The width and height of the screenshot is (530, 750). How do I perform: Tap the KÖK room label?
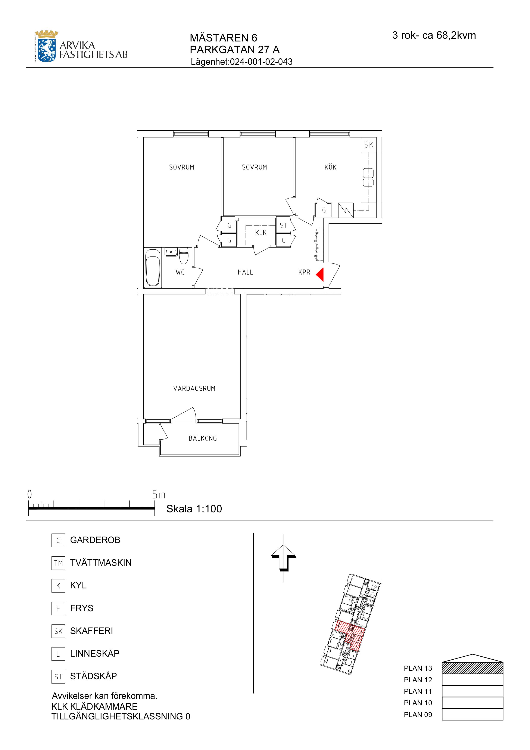click(x=330, y=167)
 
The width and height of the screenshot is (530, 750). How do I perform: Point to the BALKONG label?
click(x=203, y=438)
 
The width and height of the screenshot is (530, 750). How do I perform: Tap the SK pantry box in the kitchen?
click(x=369, y=145)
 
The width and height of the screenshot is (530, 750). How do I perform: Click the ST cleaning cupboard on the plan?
click(x=283, y=225)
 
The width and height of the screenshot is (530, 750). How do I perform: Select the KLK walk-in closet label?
click(x=261, y=233)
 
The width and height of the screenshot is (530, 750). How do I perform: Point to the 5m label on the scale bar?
click(x=159, y=495)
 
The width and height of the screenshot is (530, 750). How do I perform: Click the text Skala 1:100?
click(x=194, y=509)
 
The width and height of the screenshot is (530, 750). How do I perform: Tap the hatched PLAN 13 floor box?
click(x=472, y=668)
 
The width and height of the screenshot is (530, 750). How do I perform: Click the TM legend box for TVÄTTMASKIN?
click(x=58, y=563)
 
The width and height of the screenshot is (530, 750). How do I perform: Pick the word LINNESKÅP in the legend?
click(x=95, y=653)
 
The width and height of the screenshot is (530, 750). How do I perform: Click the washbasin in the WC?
click(x=171, y=252)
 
